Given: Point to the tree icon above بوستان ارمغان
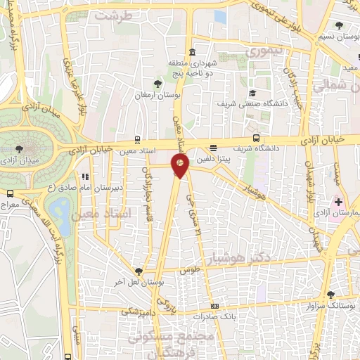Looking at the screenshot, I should click(x=157, y=85).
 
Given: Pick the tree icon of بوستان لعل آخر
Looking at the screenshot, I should click(x=138, y=271).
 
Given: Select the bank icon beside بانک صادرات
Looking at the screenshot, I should click(x=214, y=306).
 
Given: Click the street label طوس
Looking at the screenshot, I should click(x=189, y=270).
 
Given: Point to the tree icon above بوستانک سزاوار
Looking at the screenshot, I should click(x=330, y=295).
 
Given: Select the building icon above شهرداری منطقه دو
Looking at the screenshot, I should click(x=193, y=52).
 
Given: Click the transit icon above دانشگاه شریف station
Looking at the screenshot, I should click(x=256, y=139).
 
